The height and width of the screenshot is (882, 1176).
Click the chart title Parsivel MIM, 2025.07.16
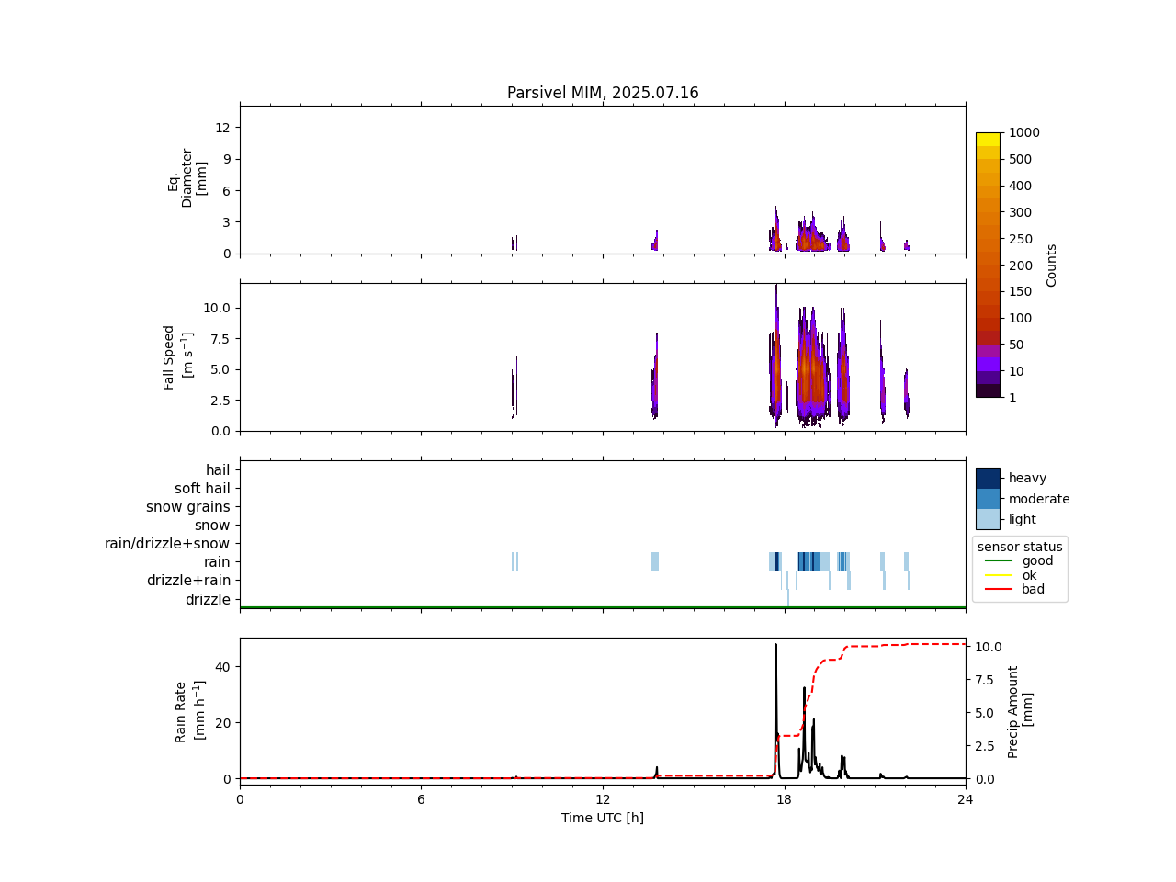coord(603,93)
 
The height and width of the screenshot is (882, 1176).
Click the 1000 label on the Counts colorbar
coord(1024,133)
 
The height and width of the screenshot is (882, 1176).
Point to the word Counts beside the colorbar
coord(1052,266)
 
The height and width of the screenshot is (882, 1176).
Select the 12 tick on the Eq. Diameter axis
coord(221,128)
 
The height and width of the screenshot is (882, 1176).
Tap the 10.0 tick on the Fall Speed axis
coord(217,308)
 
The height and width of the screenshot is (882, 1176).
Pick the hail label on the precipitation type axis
coord(218,470)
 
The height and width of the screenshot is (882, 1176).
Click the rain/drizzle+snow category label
coord(167,544)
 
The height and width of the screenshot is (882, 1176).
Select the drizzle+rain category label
coord(188,581)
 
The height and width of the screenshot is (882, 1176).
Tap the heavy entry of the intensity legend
coord(1027,479)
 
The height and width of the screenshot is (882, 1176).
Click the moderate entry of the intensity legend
coord(1039,499)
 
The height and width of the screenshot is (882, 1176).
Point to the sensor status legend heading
coord(1020,547)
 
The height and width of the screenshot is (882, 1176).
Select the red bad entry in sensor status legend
coord(1033,590)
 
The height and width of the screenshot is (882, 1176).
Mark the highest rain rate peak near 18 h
coord(775,645)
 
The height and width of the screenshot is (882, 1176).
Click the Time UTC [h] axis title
coord(603,818)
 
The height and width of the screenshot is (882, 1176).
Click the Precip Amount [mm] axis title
coord(1021,712)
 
